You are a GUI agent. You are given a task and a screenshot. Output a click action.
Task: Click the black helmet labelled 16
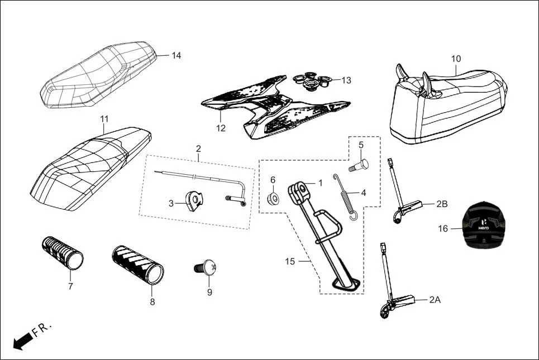[485, 228]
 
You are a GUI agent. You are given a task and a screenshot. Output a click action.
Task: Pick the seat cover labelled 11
[89, 167]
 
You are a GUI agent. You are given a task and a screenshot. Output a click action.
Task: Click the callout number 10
[456, 59]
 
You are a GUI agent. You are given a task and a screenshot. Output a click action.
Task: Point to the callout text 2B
[441, 204]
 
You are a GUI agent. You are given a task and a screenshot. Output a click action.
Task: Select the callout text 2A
[435, 300]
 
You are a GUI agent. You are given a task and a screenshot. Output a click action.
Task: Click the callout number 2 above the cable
[198, 149]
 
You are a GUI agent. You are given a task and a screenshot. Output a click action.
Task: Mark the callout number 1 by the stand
[320, 183]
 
